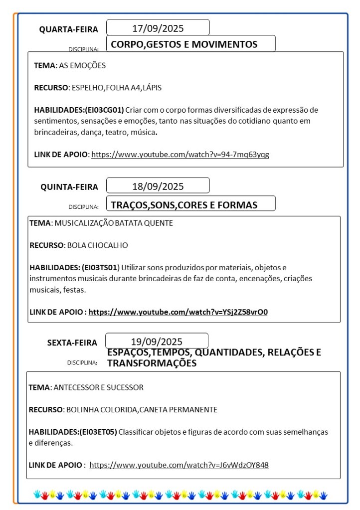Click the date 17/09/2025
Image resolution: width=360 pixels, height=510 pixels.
[158, 28]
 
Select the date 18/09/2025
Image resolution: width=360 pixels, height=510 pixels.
[158, 186]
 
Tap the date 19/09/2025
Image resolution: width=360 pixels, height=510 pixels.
[157, 341]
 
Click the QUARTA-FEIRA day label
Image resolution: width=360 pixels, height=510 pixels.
[69, 29]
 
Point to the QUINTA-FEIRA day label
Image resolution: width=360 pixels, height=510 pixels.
[69, 187]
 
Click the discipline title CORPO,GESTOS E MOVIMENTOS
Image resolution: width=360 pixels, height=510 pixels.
[184, 44]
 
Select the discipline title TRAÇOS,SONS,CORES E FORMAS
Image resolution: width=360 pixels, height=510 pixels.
[184, 205]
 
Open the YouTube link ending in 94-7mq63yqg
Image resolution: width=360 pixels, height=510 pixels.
[180, 154]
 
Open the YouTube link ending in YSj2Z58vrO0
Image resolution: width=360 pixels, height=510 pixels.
[178, 312]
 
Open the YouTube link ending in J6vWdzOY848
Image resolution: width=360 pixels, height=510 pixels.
[179, 465]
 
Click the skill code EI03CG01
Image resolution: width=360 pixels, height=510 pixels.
[104, 110]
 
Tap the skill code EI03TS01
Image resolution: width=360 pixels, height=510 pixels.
[99, 267]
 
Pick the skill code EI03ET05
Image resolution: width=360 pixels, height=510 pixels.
[98, 432]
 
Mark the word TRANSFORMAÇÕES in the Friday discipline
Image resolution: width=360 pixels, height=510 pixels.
[152, 363]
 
